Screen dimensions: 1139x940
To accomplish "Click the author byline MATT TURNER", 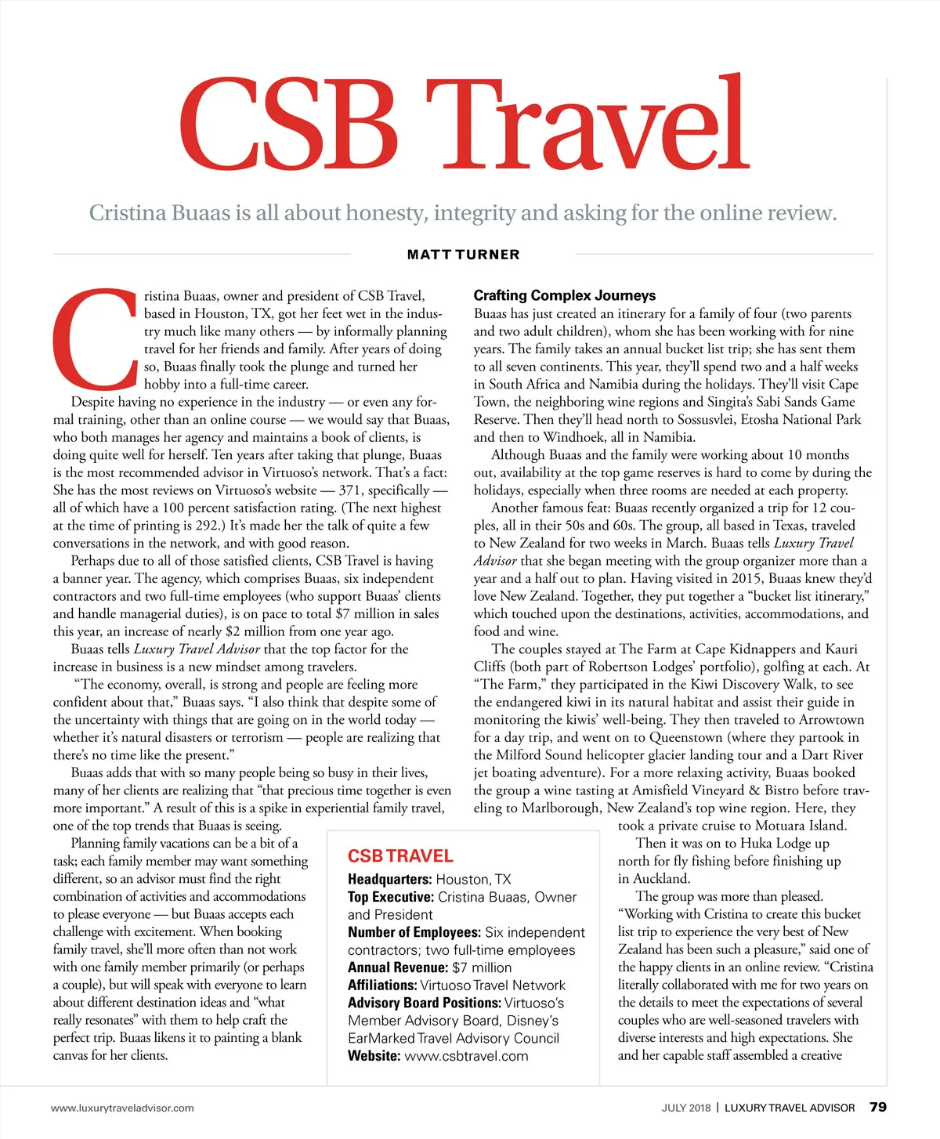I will click(463, 255).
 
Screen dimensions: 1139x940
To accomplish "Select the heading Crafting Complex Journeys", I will click(564, 295).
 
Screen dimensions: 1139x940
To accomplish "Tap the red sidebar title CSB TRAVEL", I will click(400, 856).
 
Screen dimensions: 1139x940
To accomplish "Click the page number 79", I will click(878, 1107).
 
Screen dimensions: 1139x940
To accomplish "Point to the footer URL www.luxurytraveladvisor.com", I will click(122, 1108).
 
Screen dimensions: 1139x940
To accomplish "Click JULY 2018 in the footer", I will click(686, 1108).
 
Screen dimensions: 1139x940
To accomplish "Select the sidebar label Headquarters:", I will click(389, 880).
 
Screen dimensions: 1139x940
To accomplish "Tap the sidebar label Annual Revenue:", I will click(397, 967).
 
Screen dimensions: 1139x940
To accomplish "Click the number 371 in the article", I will click(349, 490).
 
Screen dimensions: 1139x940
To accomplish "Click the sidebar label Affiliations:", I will click(382, 985).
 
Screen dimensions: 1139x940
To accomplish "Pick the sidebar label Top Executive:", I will click(390, 897).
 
